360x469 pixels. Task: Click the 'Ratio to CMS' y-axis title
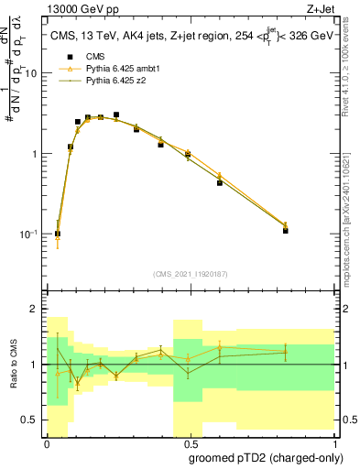coord(13,366)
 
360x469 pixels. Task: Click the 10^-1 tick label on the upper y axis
coord(29,234)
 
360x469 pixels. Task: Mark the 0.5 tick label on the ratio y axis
coord(31,420)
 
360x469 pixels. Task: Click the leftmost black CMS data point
coord(58,234)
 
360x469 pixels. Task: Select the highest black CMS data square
coord(115,115)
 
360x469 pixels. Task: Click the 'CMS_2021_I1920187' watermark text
coord(190,274)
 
